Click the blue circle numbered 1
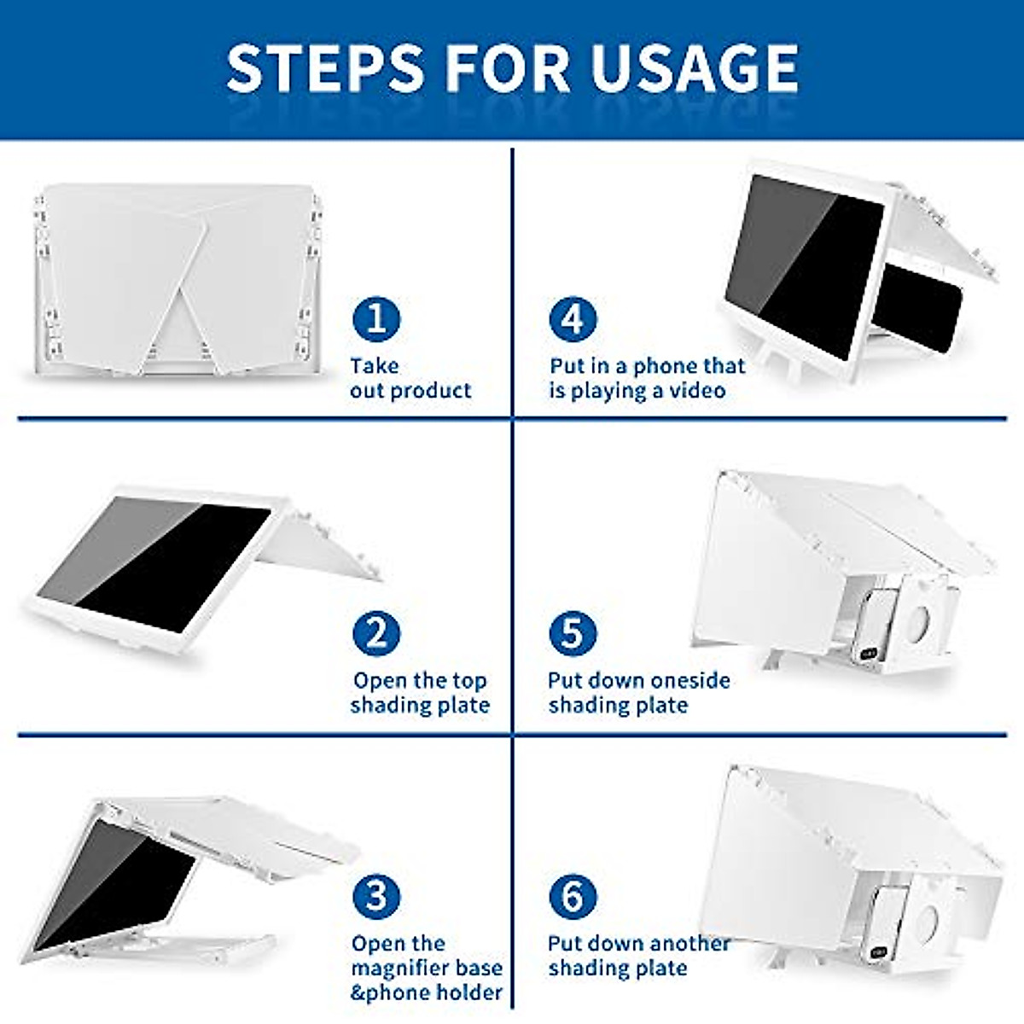[x=376, y=319]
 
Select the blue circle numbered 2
[x=376, y=634]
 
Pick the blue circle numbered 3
[x=376, y=897]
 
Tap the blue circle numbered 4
[x=573, y=319]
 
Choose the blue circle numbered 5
[x=573, y=634]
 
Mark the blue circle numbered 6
[x=573, y=897]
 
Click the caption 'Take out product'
[x=410, y=378]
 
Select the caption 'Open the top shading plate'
[x=419, y=693]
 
